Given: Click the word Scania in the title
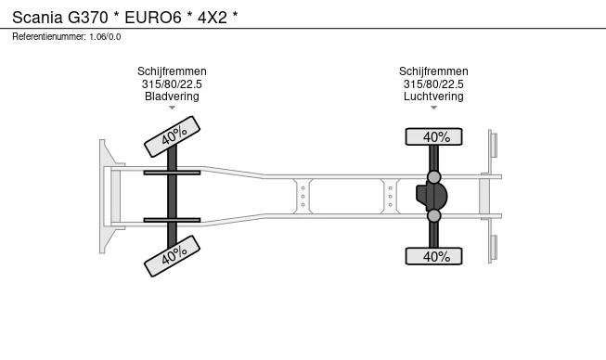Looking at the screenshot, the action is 37,18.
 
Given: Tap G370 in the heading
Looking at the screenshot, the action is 88,18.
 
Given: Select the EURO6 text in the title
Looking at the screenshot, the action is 153,18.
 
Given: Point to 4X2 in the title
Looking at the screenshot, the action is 213,18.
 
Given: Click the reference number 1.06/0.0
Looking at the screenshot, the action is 105,37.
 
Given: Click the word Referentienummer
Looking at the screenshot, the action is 49,37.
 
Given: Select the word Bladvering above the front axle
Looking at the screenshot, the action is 172,96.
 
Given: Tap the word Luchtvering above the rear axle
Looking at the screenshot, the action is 433,96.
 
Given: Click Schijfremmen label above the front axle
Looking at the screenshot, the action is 172,71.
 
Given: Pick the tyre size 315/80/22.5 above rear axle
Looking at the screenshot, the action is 433,84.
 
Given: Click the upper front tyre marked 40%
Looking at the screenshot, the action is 172,136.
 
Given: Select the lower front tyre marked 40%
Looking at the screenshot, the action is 172,256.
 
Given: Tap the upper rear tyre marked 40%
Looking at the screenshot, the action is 433,136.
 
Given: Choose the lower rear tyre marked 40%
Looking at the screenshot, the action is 433,256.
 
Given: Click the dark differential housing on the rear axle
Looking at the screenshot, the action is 432,196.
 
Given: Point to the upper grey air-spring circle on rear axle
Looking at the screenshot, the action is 434,177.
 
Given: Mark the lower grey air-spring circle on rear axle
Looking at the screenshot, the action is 434,215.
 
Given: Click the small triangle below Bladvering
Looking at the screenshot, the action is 172,108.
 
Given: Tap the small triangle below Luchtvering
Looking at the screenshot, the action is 433,108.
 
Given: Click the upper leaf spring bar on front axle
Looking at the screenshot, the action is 172,173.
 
